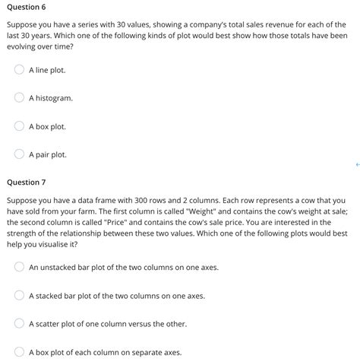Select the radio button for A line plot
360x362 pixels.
pyautogui.click(x=19, y=70)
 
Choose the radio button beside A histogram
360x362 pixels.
pyautogui.click(x=19, y=98)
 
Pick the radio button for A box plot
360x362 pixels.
pyautogui.click(x=19, y=126)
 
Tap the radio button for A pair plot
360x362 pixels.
pyautogui.click(x=19, y=154)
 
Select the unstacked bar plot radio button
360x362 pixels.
pyautogui.click(x=19, y=268)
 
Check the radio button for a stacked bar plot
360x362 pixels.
pyautogui.click(x=19, y=296)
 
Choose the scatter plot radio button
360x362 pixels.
pyautogui.click(x=19, y=324)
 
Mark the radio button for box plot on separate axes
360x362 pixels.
pyautogui.click(x=19, y=352)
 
